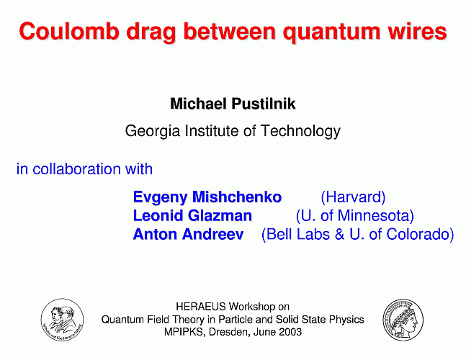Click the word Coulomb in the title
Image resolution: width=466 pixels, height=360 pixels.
(69, 31)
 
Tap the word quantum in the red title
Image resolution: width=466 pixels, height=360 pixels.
(331, 33)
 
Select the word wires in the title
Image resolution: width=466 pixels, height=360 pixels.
(417, 32)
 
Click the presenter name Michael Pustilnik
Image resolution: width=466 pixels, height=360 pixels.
(233, 104)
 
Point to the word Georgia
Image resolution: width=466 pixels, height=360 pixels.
(153, 131)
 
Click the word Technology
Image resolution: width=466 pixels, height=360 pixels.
(300, 131)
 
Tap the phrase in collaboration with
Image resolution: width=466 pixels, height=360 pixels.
(84, 168)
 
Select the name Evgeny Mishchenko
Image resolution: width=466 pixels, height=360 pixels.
(207, 197)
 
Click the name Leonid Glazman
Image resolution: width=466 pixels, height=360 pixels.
(192, 216)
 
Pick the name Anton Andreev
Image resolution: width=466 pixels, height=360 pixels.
(188, 234)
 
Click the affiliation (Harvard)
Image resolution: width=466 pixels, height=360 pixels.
(353, 197)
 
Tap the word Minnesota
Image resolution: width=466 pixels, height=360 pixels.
(376, 216)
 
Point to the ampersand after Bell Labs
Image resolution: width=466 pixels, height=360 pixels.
(339, 234)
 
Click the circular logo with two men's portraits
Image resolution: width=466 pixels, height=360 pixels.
(62, 320)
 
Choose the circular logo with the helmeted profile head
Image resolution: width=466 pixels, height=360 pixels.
(403, 320)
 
